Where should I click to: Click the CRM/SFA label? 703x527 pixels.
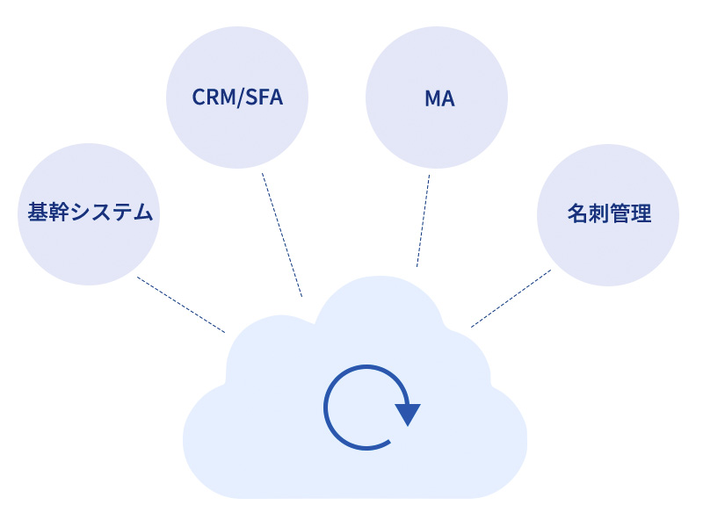pyautogui.click(x=237, y=97)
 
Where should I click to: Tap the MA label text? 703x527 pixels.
pyautogui.click(x=438, y=98)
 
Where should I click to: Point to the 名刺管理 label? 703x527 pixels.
pyautogui.click(x=609, y=213)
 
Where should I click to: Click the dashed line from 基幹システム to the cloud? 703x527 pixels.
pyautogui.click(x=181, y=305)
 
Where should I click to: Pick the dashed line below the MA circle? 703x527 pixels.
pyautogui.click(x=423, y=220)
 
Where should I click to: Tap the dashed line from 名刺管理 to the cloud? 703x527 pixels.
pyautogui.click(x=511, y=299)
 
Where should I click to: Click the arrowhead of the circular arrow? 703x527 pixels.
pyautogui.click(x=408, y=414)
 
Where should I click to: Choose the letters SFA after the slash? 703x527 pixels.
pyautogui.click(x=265, y=97)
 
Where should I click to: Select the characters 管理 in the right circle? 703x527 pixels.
pyautogui.click(x=631, y=213)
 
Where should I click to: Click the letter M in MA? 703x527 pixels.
pyautogui.click(x=431, y=98)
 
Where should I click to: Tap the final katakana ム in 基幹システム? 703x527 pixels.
pyautogui.click(x=145, y=213)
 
